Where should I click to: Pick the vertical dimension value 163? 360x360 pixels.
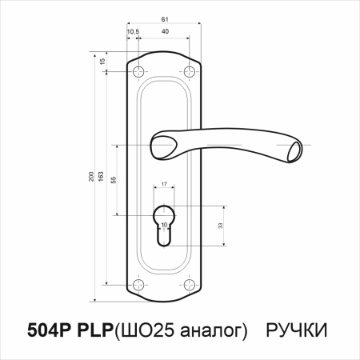102,176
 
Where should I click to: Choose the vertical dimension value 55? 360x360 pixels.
114,180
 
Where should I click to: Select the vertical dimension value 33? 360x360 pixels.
221,226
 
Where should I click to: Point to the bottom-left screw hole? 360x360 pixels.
141,284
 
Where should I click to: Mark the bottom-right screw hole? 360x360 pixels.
190,284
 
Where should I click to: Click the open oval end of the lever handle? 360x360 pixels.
294,150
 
